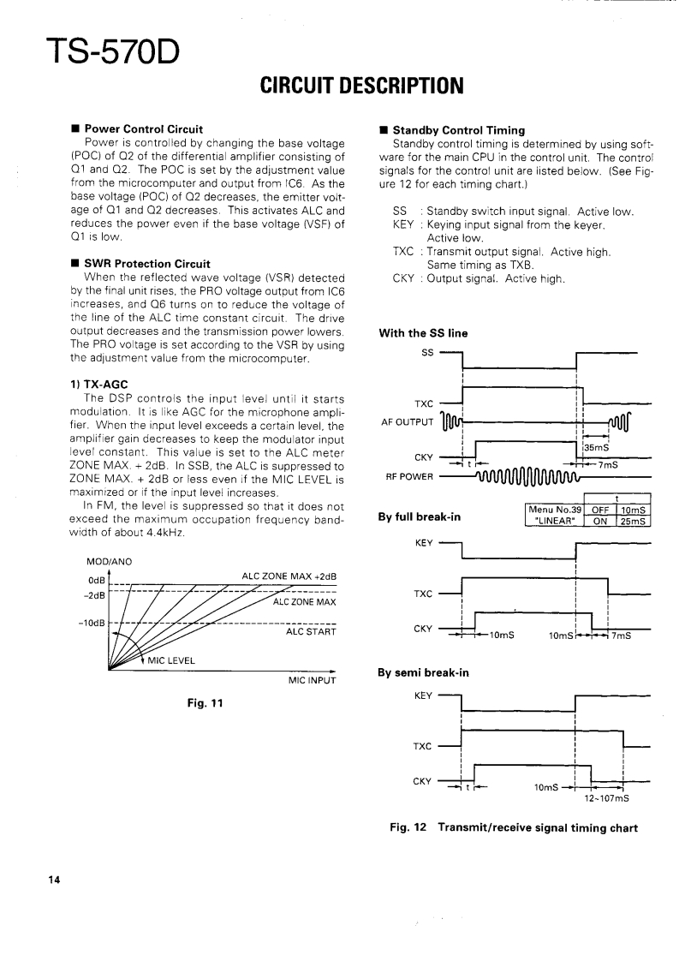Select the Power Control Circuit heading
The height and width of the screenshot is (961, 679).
pos(143,130)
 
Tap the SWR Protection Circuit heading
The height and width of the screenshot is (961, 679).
pos(146,264)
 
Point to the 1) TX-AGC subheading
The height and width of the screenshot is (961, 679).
pos(98,384)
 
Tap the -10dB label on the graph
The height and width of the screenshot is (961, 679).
pos(91,622)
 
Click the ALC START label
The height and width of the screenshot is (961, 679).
pos(310,632)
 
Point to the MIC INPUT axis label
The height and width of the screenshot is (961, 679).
pos(311,681)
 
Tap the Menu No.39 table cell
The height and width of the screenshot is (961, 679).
pos(553,510)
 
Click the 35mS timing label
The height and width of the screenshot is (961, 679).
pos(596,446)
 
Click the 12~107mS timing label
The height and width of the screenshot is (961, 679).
pos(606,798)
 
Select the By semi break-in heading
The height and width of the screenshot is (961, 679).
pos(423,673)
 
